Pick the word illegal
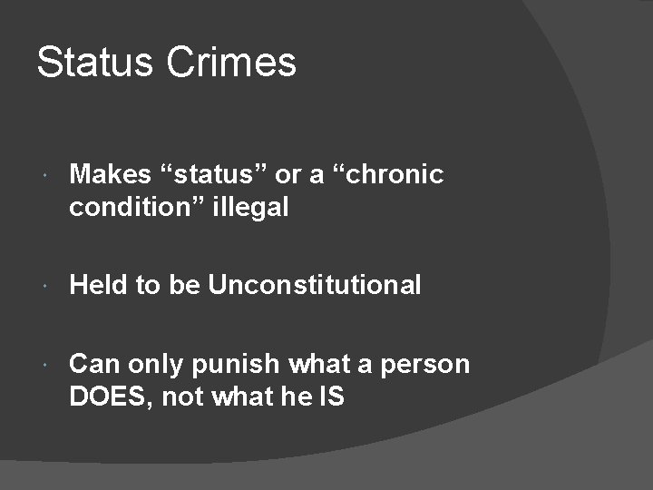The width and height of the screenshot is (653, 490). (x=254, y=207)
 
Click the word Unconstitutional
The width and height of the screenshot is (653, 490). (x=315, y=285)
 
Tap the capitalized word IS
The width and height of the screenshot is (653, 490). (x=331, y=397)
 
